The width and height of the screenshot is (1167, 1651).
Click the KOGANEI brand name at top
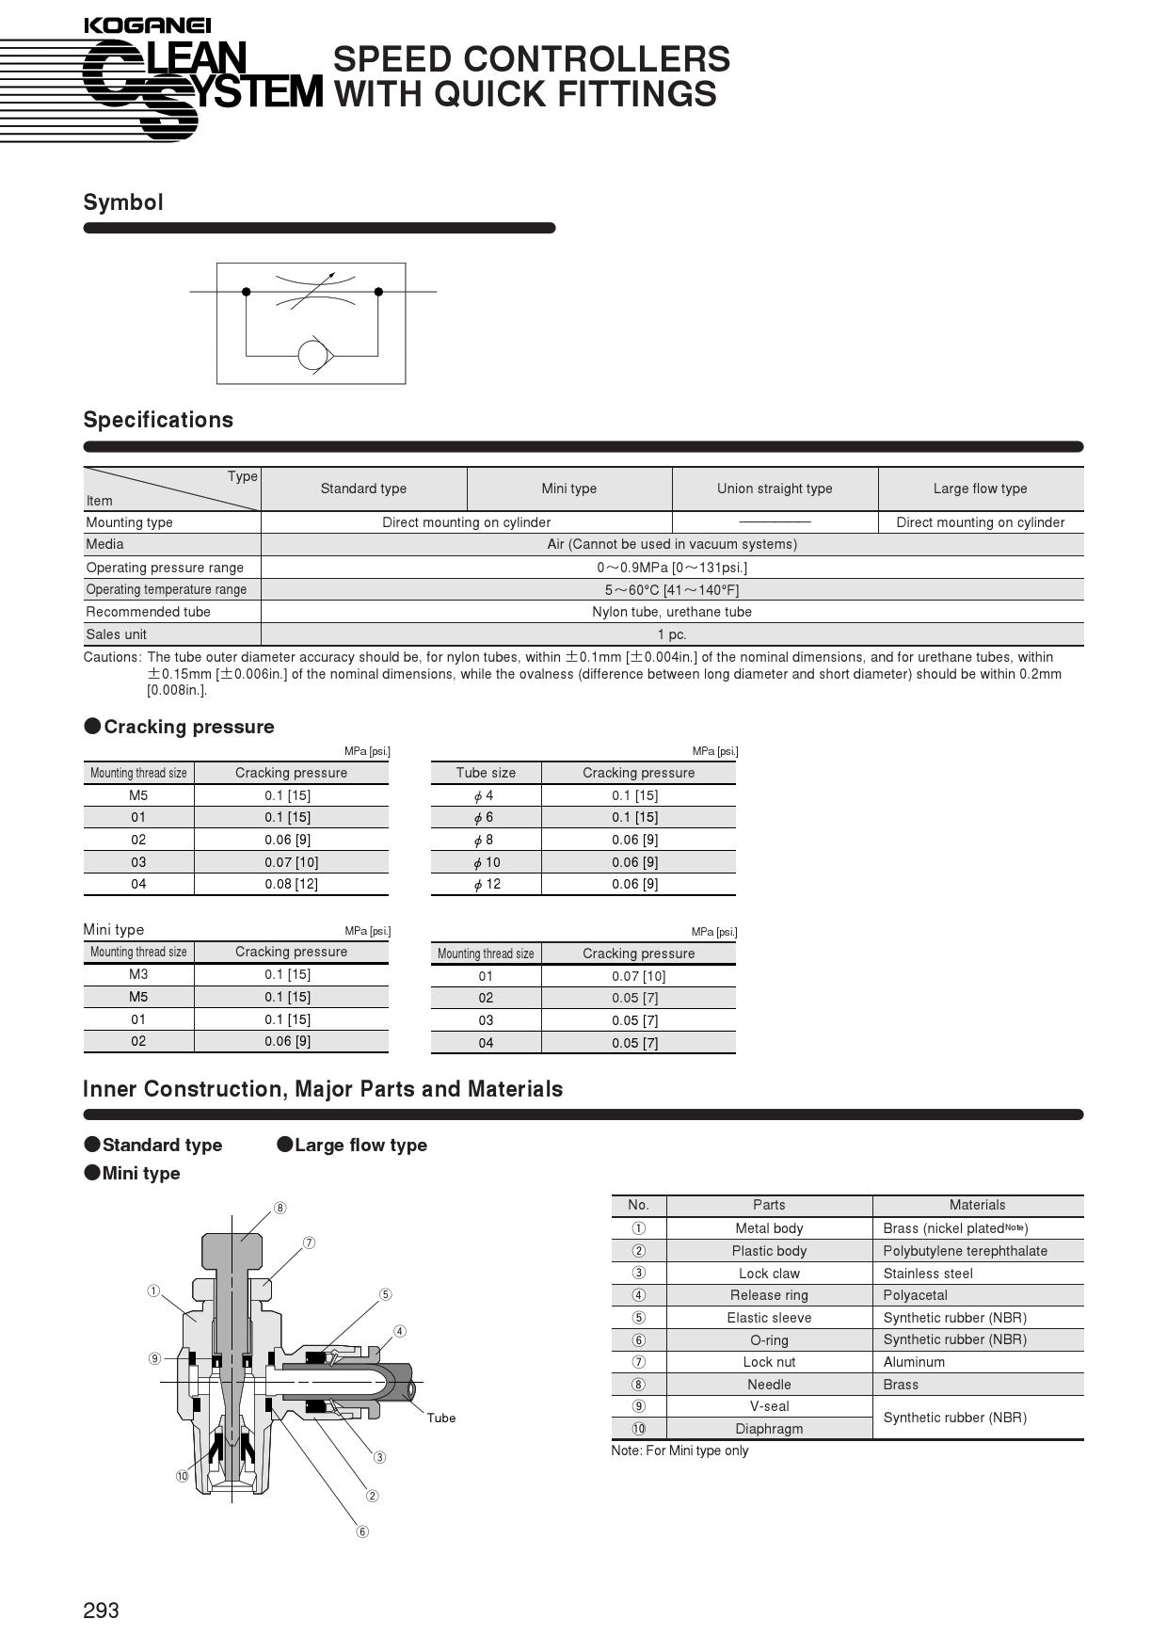point(147,25)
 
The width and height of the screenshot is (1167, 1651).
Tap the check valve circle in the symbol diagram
point(312,355)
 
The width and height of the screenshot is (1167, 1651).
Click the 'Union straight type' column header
point(775,489)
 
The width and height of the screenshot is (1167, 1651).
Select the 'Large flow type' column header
point(980,489)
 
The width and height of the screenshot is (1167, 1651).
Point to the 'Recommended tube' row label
point(148,612)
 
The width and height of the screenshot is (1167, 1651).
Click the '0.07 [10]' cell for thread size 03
point(291,862)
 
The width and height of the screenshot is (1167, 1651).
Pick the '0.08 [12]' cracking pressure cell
point(291,884)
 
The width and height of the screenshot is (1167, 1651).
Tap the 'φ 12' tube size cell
point(487,884)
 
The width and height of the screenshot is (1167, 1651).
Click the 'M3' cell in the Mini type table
point(138,974)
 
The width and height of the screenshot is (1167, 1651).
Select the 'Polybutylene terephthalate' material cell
point(965,1251)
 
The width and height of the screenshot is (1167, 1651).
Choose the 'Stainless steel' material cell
point(928,1274)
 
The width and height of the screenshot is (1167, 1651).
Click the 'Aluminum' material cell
point(914,1362)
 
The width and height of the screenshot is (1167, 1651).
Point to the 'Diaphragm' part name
point(769,1429)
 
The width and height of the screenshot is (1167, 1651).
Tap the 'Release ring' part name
point(769,1295)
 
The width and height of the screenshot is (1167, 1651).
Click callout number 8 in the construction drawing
point(280,1208)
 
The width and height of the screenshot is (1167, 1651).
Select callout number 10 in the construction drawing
point(182,1476)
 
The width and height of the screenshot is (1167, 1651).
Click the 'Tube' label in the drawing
point(440,1418)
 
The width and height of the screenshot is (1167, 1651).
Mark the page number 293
point(101,1611)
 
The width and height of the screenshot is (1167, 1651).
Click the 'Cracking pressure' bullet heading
point(188,727)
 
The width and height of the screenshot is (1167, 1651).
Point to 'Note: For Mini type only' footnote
point(679,1451)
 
